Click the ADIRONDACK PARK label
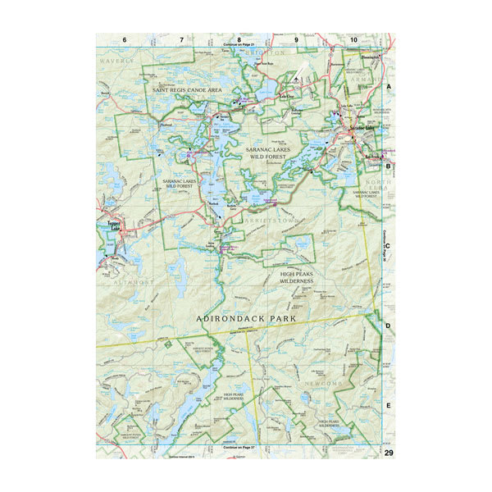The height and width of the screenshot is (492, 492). (x=246, y=315)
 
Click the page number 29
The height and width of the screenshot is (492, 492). (x=389, y=452)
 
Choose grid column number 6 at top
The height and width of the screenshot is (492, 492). (x=124, y=39)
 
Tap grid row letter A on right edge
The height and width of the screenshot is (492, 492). (x=389, y=85)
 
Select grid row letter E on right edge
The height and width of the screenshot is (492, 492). (x=389, y=405)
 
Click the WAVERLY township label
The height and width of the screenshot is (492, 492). (x=116, y=61)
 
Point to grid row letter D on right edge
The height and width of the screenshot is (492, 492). (x=389, y=326)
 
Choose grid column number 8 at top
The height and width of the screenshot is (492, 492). (x=239, y=39)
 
